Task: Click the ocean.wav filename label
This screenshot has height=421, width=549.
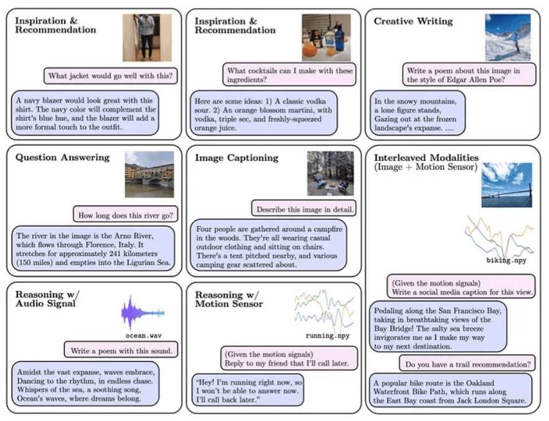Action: point(143,336)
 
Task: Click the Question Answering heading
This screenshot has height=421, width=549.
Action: point(62,158)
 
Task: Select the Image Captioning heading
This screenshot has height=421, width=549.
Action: point(236,158)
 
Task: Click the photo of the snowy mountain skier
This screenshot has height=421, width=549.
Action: point(508,37)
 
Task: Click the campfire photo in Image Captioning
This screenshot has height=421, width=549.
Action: point(330,173)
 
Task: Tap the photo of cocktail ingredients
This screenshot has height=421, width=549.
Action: point(326,37)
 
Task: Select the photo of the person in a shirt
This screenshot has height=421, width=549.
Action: point(147,37)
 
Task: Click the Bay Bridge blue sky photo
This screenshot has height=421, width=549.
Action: point(507,185)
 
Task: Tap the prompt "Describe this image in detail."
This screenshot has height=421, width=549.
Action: point(304,209)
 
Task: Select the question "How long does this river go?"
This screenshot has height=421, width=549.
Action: point(125,216)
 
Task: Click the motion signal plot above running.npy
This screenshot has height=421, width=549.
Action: point(322,310)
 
